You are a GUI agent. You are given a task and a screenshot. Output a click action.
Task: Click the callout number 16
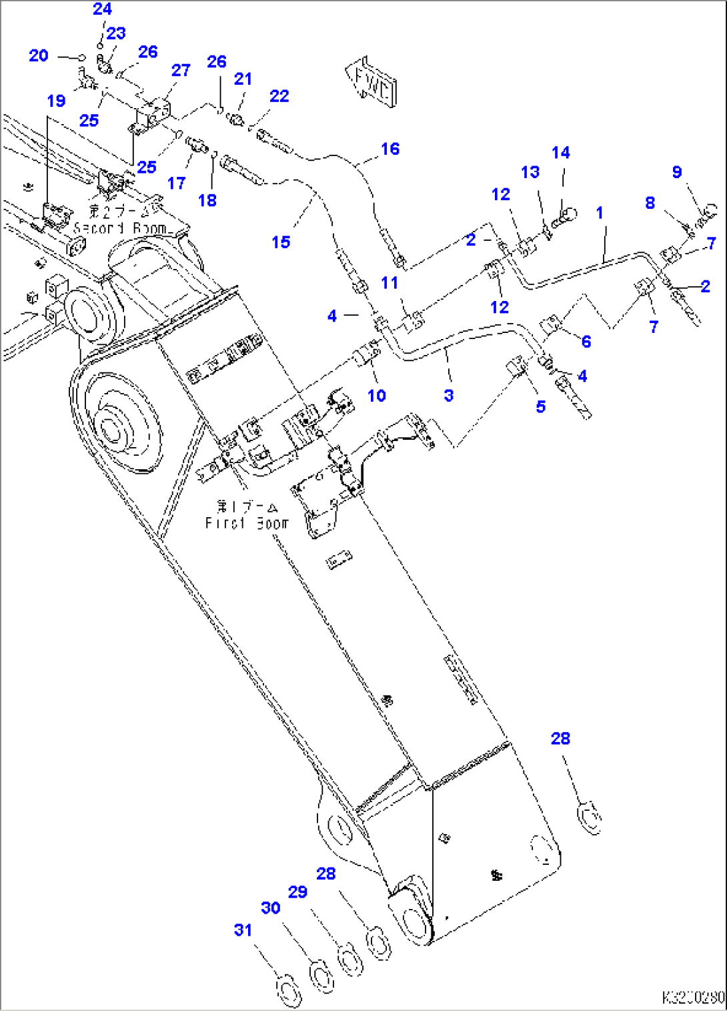click(x=390, y=149)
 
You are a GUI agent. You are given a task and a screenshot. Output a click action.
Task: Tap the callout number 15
click(x=281, y=242)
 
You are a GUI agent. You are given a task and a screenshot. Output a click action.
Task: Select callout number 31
click(x=243, y=930)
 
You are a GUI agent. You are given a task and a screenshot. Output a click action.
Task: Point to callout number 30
click(x=271, y=908)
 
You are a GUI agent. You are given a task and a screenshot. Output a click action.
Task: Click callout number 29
click(x=297, y=892)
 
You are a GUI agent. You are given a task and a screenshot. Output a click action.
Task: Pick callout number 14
click(x=561, y=153)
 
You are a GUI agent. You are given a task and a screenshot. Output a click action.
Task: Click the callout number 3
click(x=449, y=395)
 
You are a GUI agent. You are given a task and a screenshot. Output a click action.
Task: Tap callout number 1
click(x=600, y=212)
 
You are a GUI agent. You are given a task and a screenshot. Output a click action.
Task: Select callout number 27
click(x=181, y=70)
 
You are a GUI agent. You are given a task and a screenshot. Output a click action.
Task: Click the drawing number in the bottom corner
click(x=692, y=998)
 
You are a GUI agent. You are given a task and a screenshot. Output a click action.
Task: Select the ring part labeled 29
click(x=349, y=959)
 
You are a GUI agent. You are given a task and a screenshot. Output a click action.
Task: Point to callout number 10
click(x=377, y=396)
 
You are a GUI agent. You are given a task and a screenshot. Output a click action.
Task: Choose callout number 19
click(x=56, y=101)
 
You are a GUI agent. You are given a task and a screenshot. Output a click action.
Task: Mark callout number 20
click(x=39, y=55)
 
